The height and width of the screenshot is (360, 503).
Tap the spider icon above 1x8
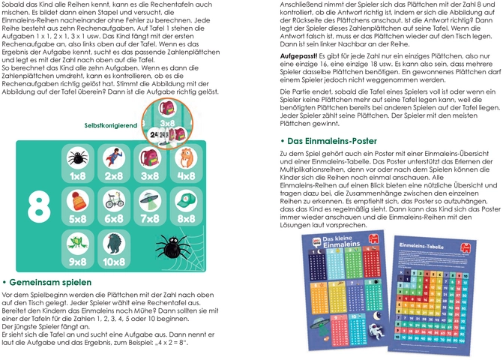point(77,159)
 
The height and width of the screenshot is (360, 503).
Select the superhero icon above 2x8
point(113,159)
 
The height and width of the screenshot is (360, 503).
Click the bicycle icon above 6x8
point(113,201)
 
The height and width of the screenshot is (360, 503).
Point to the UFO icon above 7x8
point(150,201)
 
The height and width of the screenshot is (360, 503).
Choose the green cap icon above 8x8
point(186,201)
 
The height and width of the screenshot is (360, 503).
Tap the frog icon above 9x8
point(77,243)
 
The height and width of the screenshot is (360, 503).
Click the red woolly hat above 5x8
point(77,201)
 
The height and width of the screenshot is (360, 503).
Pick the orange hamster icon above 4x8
point(186,159)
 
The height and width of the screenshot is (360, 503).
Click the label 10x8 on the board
point(113,262)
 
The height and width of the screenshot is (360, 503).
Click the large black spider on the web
point(171,244)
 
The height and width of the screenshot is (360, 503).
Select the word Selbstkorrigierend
point(110,125)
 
